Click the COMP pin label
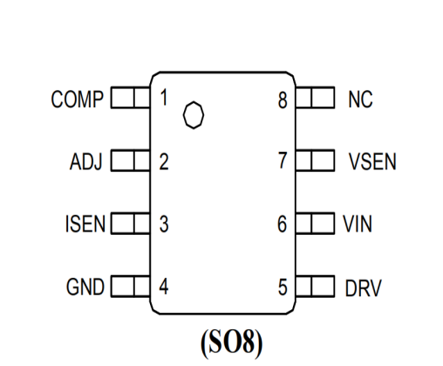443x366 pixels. (77, 100)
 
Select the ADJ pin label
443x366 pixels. (86, 162)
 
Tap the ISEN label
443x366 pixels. (85, 224)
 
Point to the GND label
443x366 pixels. (85, 287)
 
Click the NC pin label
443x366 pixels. (360, 100)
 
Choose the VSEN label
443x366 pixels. (372, 162)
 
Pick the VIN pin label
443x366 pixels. (358, 224)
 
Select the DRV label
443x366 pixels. (363, 288)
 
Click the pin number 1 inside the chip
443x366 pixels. (164, 98)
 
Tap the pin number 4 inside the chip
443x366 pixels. (164, 287)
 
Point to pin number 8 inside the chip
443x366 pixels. (283, 100)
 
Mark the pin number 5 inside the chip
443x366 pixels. (283, 287)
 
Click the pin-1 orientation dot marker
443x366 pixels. (194, 114)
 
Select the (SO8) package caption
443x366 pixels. (231, 342)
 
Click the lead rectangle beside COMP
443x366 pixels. (131, 97)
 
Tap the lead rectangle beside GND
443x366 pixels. (131, 287)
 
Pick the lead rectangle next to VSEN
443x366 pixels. (315, 160)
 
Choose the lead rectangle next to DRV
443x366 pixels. (315, 287)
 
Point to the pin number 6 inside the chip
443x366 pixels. (282, 224)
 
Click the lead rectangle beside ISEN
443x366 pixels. (131, 224)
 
